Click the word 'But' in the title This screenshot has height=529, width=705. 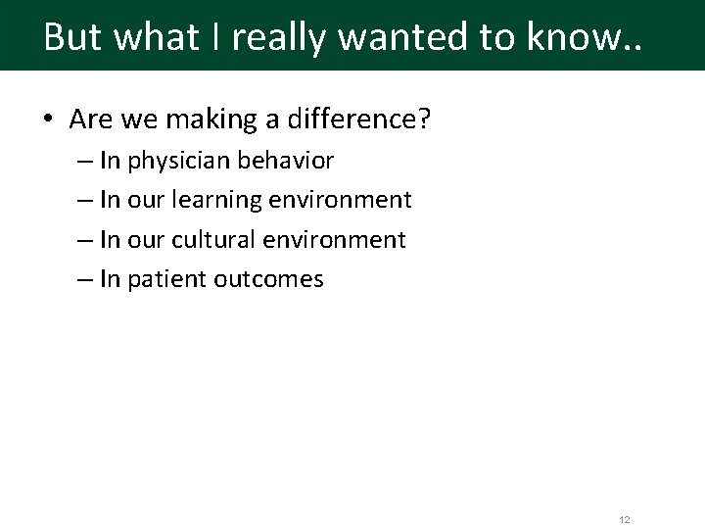pos(74,37)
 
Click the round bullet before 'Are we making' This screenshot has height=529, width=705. pos(48,120)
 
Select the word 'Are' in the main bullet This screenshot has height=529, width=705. pos(91,120)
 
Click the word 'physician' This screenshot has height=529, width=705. pos(181,161)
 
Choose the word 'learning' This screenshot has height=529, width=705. pos(217,200)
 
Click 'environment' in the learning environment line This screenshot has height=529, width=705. pos(341,200)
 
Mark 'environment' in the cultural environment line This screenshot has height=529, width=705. pos(338,240)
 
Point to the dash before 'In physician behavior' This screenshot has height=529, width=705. pos(84,161)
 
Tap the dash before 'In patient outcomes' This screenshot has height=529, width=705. pos(84,279)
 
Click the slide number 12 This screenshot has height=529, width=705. pos(624,519)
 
